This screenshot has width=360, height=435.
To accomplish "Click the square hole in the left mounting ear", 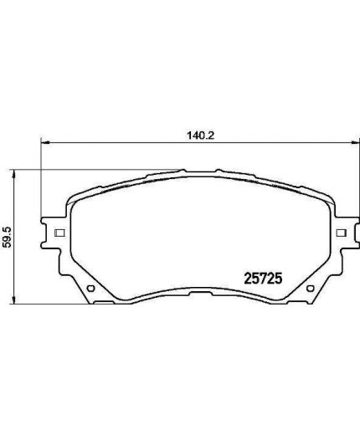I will click(x=57, y=233).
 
